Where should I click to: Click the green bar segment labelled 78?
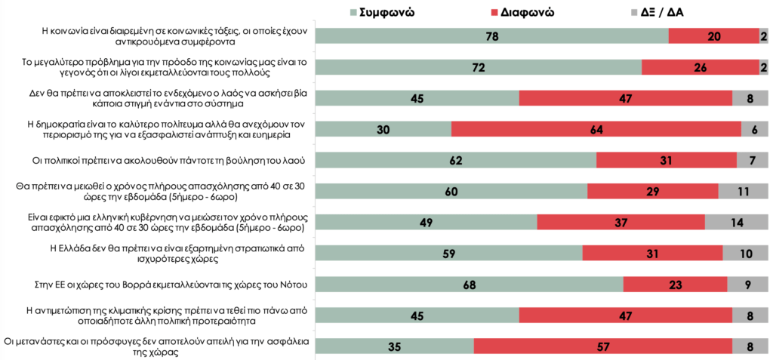click(x=491, y=36)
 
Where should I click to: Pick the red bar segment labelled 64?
click(x=596, y=129)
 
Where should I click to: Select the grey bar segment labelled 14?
click(x=736, y=222)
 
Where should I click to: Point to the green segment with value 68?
click(x=469, y=284)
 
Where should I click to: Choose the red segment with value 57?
click(x=602, y=346)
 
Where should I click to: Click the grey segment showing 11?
click(x=743, y=191)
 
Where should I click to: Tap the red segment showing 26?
click(x=701, y=67)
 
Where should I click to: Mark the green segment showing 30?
click(x=383, y=129)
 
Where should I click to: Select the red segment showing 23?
click(x=675, y=284)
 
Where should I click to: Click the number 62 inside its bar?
click(x=455, y=160)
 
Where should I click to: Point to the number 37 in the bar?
click(x=621, y=222)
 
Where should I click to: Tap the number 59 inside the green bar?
click(x=448, y=253)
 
